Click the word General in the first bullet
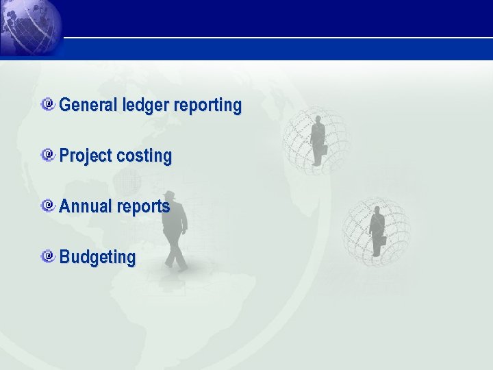coord(89,106)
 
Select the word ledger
coord(147,106)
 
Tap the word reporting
coord(207,106)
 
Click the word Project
coord(86,156)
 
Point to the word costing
coord(144,156)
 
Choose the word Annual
coord(86,206)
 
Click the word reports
coord(142,207)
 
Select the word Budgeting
coord(97,258)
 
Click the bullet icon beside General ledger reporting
coord(48,104)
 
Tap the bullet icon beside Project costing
coord(48,155)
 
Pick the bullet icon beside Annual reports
coord(48,206)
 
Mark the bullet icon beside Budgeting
coord(48,256)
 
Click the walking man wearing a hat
coord(175,230)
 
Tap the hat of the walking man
coord(170,195)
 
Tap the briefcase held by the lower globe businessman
coord(383,241)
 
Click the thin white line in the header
coord(274,37)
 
